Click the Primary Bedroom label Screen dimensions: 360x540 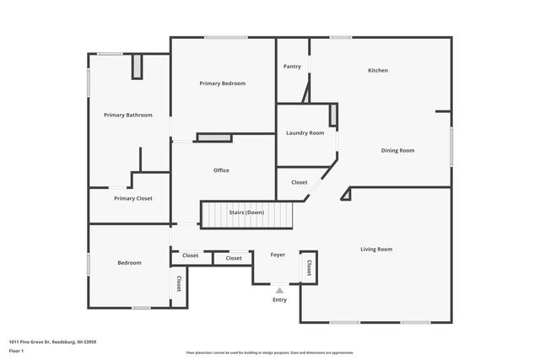[x=222, y=83]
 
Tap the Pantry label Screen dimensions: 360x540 [x=292, y=67]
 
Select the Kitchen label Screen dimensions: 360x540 [x=377, y=70]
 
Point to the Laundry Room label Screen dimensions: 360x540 [x=305, y=132]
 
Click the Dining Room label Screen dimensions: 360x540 [x=397, y=150]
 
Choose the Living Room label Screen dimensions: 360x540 [x=376, y=249]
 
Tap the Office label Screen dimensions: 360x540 [x=221, y=170]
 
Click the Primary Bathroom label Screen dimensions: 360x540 [x=128, y=115]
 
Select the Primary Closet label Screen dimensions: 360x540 [x=133, y=198]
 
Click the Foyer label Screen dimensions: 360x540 [x=278, y=255]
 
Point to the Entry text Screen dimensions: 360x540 [x=279, y=299]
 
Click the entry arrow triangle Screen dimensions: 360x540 [x=279, y=289]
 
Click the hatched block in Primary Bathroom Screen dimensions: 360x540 [x=137, y=68]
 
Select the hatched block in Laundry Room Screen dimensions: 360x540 [x=333, y=116]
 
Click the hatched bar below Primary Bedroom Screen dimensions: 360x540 [x=214, y=137]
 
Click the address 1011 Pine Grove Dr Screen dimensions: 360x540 [x=53, y=341]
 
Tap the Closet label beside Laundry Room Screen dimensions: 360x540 [x=299, y=182]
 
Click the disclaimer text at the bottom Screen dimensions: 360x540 [x=270, y=352]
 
